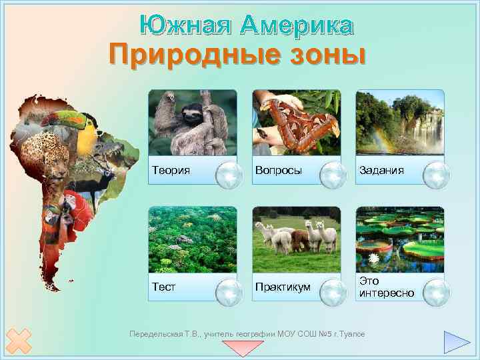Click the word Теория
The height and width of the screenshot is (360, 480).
[171, 171]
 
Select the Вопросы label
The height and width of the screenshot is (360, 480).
[278, 171]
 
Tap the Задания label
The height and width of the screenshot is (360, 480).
[381, 171]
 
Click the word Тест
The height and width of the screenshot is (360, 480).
[163, 287]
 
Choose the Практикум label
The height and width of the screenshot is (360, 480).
[283, 287]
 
